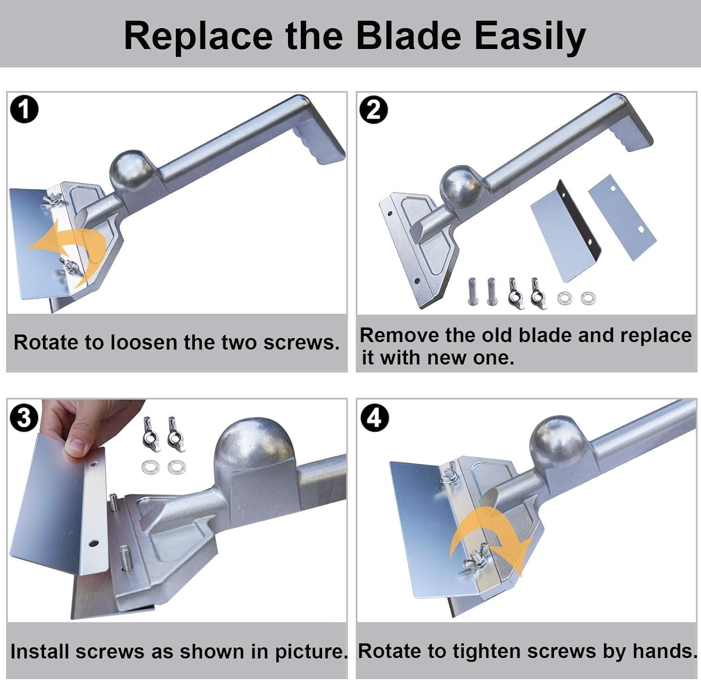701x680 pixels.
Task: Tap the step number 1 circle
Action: [x=24, y=110]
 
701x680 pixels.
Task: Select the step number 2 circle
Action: [x=374, y=111]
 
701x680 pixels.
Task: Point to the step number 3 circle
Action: [x=24, y=418]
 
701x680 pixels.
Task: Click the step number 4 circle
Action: [x=374, y=418]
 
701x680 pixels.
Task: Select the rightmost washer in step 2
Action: [x=588, y=297]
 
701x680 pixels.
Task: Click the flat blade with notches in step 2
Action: [x=622, y=217]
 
